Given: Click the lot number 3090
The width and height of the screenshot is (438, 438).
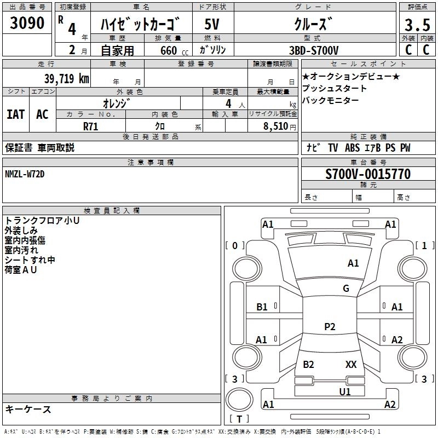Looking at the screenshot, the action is (x=27, y=22).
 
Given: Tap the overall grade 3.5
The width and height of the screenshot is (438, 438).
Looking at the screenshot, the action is (x=417, y=25).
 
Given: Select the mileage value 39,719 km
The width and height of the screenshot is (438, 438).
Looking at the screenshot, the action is (x=67, y=79).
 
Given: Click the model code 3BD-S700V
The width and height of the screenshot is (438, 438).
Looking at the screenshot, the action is (x=314, y=50).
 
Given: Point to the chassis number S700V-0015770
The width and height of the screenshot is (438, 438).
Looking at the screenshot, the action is (x=368, y=174).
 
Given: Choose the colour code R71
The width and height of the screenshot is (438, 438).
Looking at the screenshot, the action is (x=90, y=126).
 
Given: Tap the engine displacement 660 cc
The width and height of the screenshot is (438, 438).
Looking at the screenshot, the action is (x=174, y=50).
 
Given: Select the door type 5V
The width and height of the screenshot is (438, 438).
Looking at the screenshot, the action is (x=212, y=24).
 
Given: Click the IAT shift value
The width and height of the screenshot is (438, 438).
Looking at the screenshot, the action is (x=16, y=114).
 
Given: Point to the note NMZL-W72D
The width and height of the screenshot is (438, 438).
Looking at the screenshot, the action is (x=25, y=174).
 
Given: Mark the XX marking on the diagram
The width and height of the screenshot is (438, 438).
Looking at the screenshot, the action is (x=351, y=364).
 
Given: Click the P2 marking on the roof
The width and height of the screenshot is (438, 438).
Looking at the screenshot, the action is (x=330, y=326).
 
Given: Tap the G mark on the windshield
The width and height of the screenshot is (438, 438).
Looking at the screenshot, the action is (x=346, y=288).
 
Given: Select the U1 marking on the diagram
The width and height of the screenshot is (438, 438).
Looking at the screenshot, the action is (x=345, y=391).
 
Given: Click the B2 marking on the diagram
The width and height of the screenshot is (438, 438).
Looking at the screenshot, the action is (x=308, y=364).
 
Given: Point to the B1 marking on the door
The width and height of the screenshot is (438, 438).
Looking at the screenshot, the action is (x=262, y=307).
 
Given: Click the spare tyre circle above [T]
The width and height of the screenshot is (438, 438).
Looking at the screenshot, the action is (x=239, y=400).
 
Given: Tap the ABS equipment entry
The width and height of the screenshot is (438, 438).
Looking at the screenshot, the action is (x=352, y=148).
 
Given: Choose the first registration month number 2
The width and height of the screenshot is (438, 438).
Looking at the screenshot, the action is (x=72, y=50).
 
